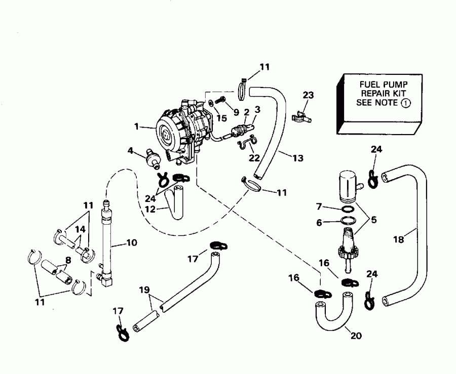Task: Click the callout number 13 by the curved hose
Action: [x=298, y=158]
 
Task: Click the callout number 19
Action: [x=144, y=291]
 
